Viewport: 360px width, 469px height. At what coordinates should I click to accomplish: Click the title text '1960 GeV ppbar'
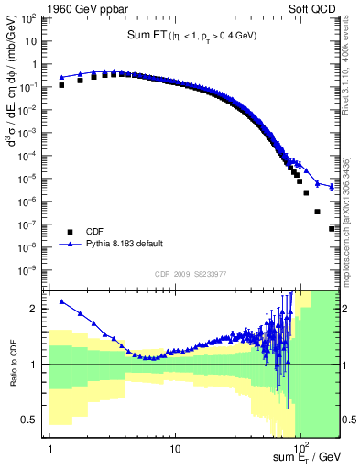(x=87, y=11)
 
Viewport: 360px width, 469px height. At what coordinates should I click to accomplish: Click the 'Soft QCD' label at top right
(x=313, y=11)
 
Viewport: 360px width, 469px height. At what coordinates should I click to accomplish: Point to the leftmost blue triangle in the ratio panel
(x=62, y=301)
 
